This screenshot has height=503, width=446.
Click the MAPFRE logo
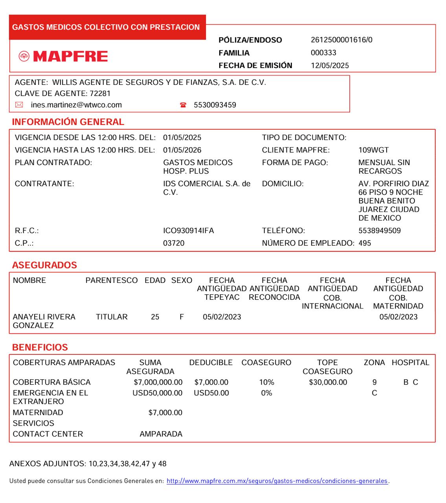tap(63, 57)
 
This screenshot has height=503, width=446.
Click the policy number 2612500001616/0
tap(341, 40)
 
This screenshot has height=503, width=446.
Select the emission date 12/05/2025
tap(330, 66)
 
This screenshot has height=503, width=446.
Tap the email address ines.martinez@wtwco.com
tap(76, 105)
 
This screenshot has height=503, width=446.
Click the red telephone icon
tap(183, 105)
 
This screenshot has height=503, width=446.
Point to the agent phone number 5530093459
tap(215, 105)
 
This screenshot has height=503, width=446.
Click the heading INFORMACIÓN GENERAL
tap(68, 122)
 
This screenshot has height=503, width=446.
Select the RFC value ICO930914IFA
tap(189, 231)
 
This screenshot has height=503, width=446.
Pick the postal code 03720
tap(174, 243)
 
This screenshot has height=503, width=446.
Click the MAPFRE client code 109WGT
tap(373, 150)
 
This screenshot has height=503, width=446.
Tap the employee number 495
tap(365, 243)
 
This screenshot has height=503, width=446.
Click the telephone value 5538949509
tap(380, 231)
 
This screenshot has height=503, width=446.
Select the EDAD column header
tap(155, 281)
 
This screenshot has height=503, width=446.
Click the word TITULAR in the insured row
tap(112, 317)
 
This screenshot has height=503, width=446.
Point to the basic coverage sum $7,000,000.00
tap(158, 382)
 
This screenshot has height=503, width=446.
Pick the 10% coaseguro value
tap(266, 382)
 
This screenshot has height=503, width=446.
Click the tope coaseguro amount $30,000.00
tap(328, 382)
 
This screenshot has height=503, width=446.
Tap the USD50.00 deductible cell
tap(211, 393)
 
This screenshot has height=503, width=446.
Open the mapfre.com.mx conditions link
tap(277, 481)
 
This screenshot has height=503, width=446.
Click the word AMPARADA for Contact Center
tap(161, 434)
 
